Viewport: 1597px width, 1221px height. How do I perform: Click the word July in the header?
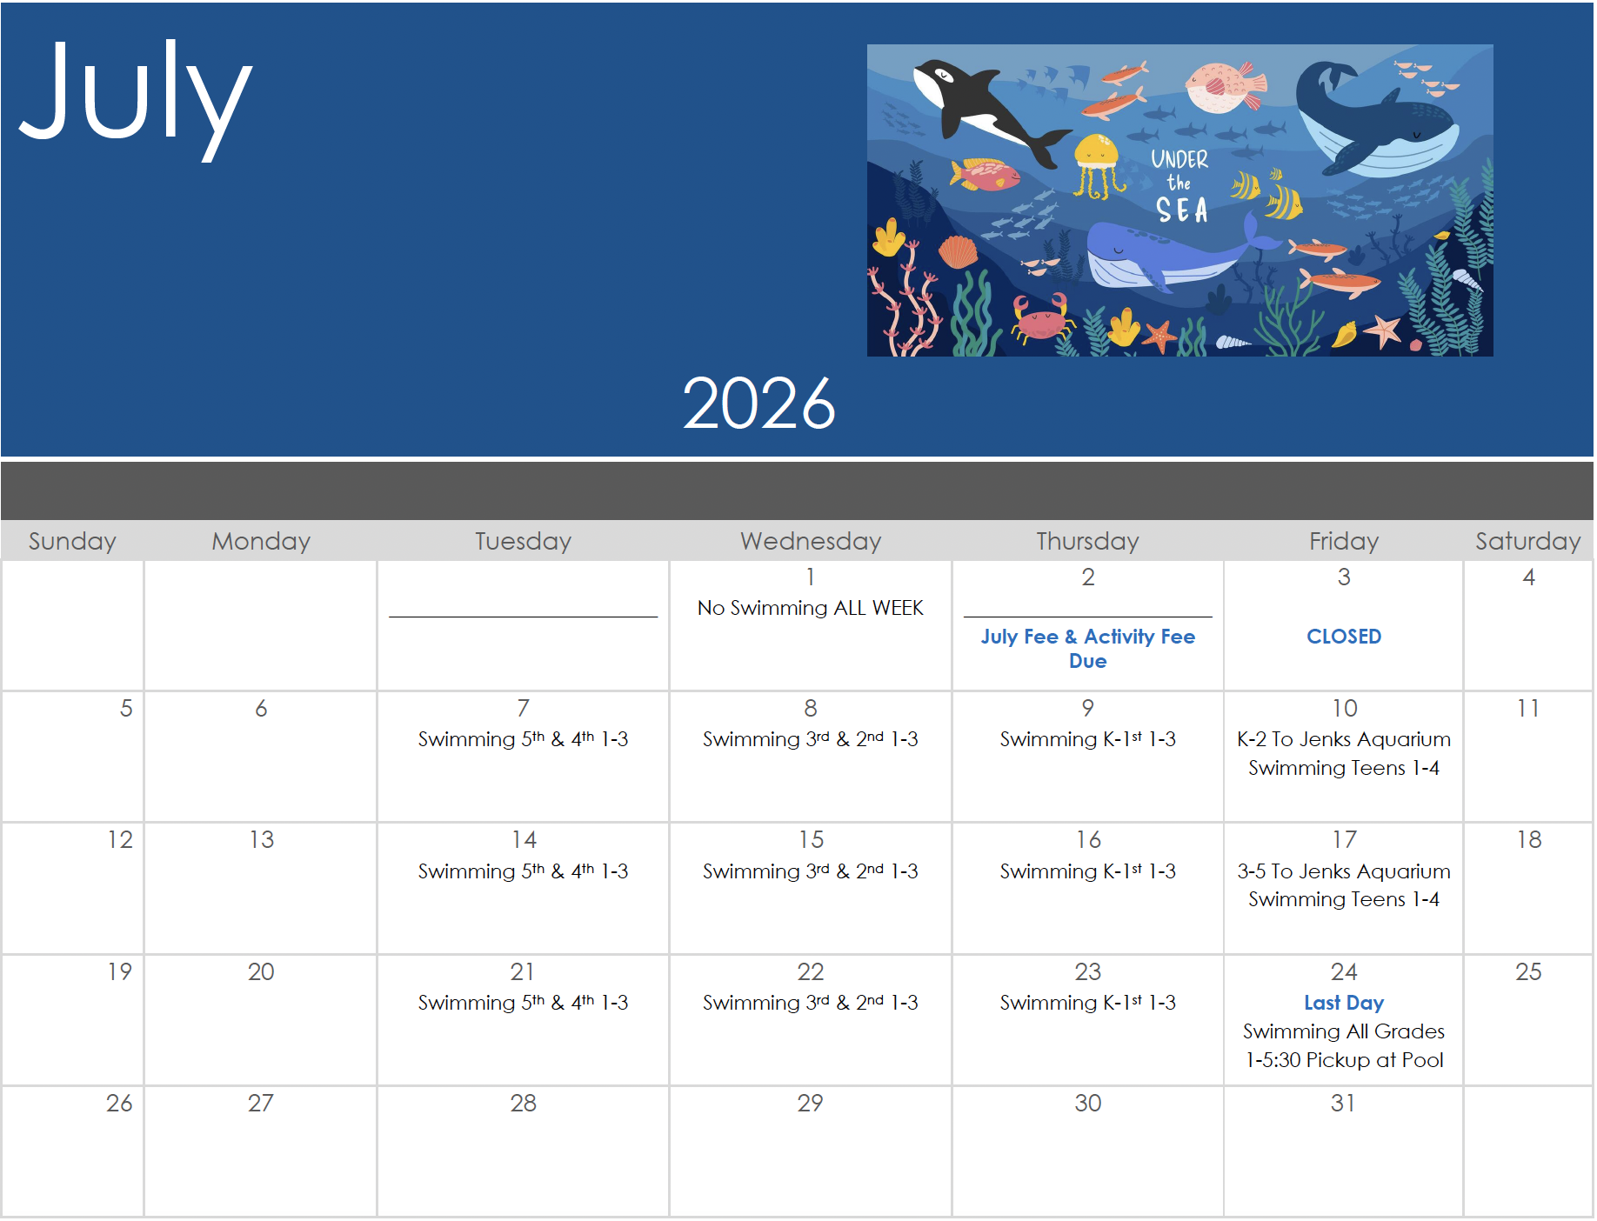(x=136, y=97)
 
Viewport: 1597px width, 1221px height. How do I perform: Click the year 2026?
(x=758, y=403)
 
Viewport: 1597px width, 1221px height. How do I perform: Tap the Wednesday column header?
(x=811, y=541)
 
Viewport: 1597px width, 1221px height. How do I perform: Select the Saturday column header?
(x=1527, y=542)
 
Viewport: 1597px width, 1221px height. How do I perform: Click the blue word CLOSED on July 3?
(x=1344, y=637)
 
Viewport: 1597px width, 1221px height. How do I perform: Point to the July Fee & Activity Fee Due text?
(x=1087, y=649)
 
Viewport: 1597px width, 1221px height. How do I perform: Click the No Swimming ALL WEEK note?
(x=811, y=608)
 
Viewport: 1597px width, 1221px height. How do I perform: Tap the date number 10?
(x=1345, y=708)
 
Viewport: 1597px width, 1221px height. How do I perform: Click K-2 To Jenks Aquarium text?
(x=1344, y=739)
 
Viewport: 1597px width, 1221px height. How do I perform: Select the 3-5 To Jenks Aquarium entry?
(x=1344, y=871)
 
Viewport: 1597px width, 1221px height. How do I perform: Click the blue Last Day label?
(x=1344, y=1003)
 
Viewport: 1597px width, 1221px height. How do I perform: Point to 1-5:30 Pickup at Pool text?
(x=1344, y=1060)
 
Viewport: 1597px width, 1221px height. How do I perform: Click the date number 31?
(x=1343, y=1103)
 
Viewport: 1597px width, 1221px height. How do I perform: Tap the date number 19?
(x=120, y=971)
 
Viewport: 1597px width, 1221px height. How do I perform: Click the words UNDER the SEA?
(x=1180, y=185)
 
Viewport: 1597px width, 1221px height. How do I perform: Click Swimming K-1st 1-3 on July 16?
(x=1087, y=871)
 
